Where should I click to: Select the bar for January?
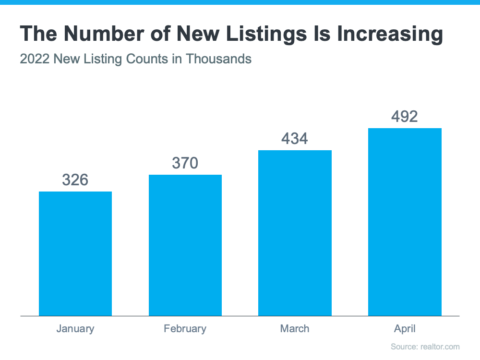75,253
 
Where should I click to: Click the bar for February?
185,245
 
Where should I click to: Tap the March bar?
295,233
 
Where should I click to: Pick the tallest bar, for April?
405,222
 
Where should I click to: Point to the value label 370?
185,163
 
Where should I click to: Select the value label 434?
295,139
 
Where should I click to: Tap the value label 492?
405,117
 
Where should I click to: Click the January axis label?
75,329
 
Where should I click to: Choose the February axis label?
185,329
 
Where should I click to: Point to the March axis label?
295,329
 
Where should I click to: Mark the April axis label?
405,329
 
